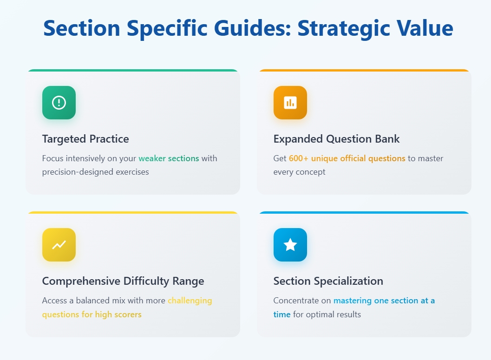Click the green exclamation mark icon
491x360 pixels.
59,103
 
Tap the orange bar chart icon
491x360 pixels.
290,103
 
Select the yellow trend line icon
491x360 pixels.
59,245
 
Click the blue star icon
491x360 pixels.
290,245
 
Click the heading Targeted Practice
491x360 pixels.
85,139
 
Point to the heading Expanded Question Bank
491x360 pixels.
336,139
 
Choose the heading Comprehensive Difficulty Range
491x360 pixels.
123,281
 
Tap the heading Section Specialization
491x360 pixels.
328,281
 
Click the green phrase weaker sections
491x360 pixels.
169,158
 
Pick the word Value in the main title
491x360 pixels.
423,29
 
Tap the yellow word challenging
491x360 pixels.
190,301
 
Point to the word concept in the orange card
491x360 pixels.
311,172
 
